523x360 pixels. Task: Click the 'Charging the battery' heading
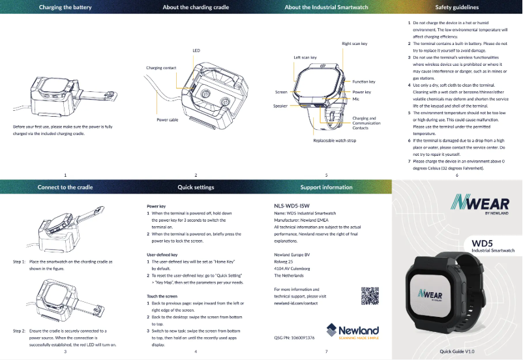pyautogui.click(x=65, y=8)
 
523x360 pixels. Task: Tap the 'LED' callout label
pyautogui.click(x=196, y=50)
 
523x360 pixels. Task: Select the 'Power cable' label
pyautogui.click(x=168, y=121)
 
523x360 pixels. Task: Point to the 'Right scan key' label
pyautogui.click(x=355, y=44)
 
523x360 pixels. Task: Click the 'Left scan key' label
pyautogui.click(x=305, y=57)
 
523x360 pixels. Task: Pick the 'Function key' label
pyautogui.click(x=363, y=82)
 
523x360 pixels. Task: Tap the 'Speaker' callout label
pyautogui.click(x=280, y=106)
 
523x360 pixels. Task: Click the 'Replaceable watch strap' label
pyautogui.click(x=335, y=141)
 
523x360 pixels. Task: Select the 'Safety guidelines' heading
pyautogui.click(x=456, y=8)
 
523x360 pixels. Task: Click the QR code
pyautogui.click(x=370, y=295)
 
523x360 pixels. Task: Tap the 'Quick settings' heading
pyautogui.click(x=196, y=187)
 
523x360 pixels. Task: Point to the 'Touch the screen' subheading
pyautogui.click(x=162, y=297)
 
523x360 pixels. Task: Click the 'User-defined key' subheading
pyautogui.click(x=164, y=254)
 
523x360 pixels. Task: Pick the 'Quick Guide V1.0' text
pyautogui.click(x=461, y=352)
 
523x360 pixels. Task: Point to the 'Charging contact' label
pyautogui.click(x=161, y=68)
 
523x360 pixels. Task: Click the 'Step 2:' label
pyautogui.click(x=20, y=331)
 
